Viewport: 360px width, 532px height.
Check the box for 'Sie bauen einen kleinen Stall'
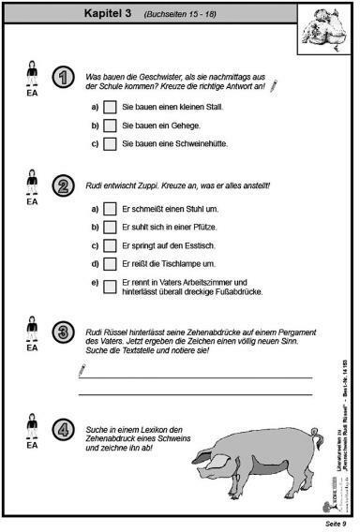click(x=110, y=108)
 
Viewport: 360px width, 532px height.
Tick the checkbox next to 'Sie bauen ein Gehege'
click(x=110, y=126)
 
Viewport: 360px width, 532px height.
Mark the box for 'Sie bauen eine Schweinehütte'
click(x=110, y=143)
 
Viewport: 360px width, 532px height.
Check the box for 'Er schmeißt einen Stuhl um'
click(x=110, y=210)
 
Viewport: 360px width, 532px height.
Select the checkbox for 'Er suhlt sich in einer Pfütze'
click(x=110, y=228)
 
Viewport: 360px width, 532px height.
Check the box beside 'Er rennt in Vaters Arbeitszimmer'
click(x=110, y=284)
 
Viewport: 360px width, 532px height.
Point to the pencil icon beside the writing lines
click(x=83, y=371)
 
